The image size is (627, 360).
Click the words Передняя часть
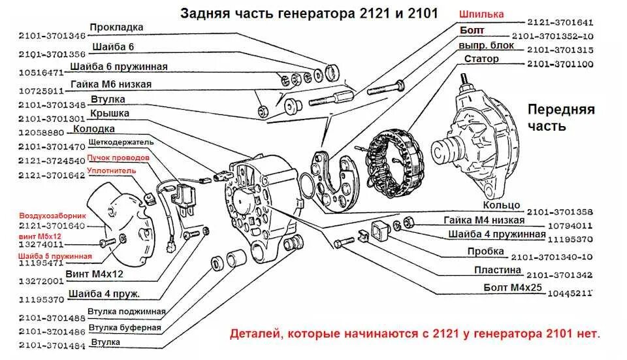pyautogui.click(x=561, y=117)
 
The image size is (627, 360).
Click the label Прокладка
pyautogui.click(x=116, y=27)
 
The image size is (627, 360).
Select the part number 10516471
pyautogui.click(x=40, y=73)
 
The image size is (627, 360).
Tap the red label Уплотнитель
pyautogui.click(x=112, y=171)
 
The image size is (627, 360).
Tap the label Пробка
pyautogui.click(x=485, y=251)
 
